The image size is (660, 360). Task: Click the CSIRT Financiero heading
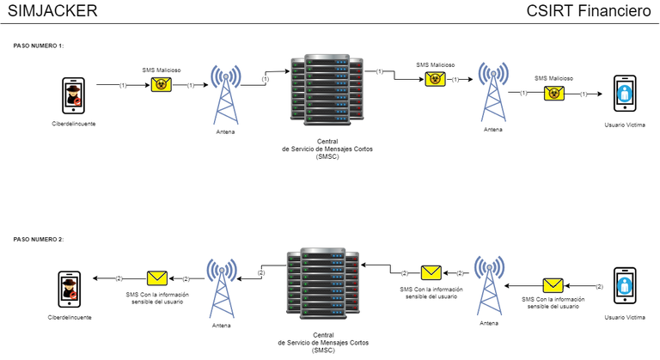coord(588,11)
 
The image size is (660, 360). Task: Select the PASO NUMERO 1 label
coord(39,46)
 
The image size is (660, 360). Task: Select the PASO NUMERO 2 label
coord(39,239)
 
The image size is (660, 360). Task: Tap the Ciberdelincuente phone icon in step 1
coord(72,94)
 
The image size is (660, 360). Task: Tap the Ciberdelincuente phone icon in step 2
coord(70,289)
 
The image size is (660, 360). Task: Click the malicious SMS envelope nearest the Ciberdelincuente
coord(160,84)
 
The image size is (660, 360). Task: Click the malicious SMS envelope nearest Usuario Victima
coord(553,93)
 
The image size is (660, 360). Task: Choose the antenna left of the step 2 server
coord(222,288)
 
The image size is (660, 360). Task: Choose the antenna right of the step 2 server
coord(489,285)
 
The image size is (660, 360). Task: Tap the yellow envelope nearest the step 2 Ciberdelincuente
coord(156,278)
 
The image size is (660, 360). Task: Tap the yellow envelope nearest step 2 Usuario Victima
coord(553,284)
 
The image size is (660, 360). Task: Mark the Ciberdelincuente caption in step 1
coord(73,125)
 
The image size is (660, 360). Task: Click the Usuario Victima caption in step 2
coord(625,318)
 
